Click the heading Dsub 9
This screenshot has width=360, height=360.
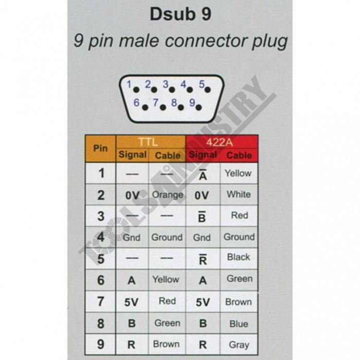[x=180, y=14]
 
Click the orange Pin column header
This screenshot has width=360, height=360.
[x=100, y=148]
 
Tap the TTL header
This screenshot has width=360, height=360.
[x=151, y=141]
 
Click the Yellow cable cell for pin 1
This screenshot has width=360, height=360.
[x=238, y=173]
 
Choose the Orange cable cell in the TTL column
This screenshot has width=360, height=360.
[x=167, y=195]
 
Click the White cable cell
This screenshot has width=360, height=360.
[x=239, y=194]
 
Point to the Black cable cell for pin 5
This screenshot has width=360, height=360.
[x=239, y=257]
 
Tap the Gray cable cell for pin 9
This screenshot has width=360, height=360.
[x=239, y=345]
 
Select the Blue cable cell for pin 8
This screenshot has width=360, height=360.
[x=239, y=323]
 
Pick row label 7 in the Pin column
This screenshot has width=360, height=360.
[x=101, y=302]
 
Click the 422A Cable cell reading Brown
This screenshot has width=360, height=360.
[x=239, y=302]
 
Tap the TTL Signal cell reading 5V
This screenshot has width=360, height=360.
[x=132, y=302]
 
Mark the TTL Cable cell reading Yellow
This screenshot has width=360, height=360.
[x=166, y=280]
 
